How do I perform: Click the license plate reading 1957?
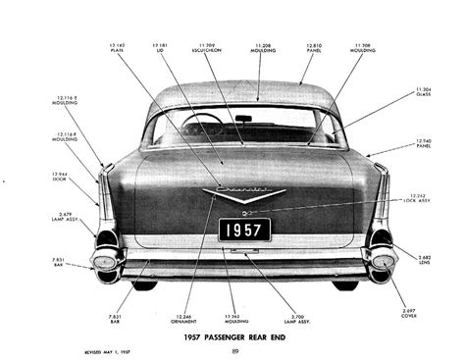point(243,230)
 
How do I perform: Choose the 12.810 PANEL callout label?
point(313,48)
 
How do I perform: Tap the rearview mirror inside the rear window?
point(243,119)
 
